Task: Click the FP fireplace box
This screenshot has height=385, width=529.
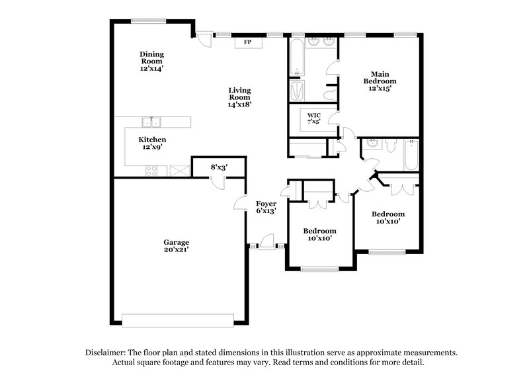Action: point(248,42)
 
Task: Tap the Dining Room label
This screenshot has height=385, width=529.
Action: point(151,61)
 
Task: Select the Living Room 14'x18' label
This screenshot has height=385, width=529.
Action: point(239,97)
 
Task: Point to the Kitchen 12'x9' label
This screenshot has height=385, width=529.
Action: point(152,144)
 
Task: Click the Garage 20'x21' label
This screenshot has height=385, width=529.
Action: point(177,246)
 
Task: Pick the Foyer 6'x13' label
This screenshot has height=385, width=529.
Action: point(266,206)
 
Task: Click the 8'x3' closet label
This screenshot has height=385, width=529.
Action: point(218,167)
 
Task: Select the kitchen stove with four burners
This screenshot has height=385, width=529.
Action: point(151,170)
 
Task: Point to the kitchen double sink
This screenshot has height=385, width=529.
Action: point(152,122)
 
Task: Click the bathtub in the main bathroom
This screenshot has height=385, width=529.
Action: point(297,58)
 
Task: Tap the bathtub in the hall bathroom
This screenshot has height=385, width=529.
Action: point(411,154)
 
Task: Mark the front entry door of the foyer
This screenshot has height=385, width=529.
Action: point(266,245)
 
